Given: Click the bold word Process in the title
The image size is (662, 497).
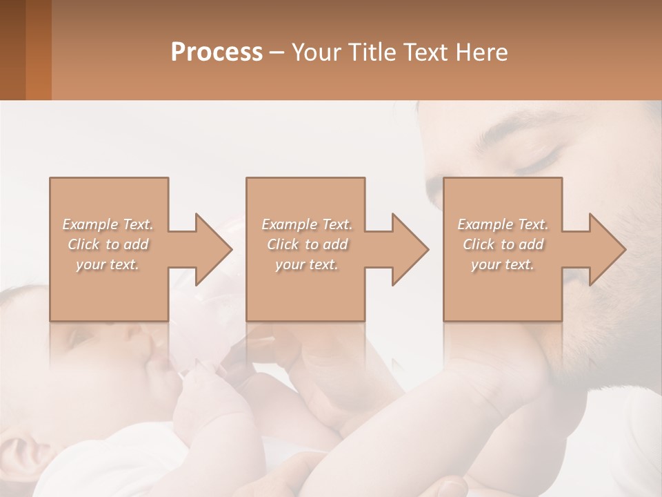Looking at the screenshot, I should coord(217,52).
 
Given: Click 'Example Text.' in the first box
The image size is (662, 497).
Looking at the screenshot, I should coord(108,224).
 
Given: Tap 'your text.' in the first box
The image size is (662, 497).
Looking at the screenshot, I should coord(108,264).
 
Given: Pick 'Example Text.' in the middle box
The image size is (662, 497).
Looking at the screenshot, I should coord(307,224).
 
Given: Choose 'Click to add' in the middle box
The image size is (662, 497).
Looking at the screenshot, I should coord(307,244).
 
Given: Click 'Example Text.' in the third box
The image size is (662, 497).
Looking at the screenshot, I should coord(503,224).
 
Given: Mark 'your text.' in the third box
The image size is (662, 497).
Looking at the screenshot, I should coord(503,264).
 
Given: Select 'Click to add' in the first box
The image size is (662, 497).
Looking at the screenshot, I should coord(108,244).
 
